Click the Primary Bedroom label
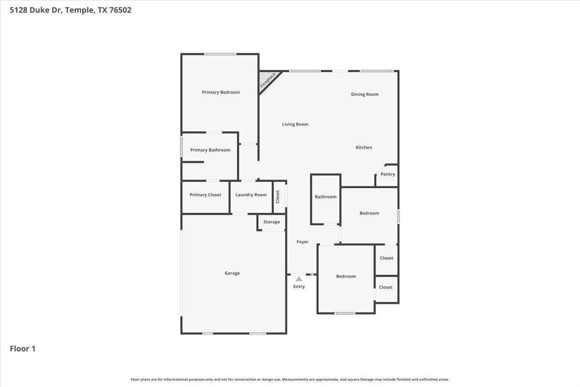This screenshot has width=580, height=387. tap(220, 92)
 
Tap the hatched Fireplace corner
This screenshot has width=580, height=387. tap(267, 79)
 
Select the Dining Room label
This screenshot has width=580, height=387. tap(364, 94)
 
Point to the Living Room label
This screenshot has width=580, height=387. tap(295, 124)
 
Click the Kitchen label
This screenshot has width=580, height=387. tap(363, 148)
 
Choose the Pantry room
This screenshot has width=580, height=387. tap(388, 175)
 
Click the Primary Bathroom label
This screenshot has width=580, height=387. tap(210, 150)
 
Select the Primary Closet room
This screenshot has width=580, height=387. tap(205, 195)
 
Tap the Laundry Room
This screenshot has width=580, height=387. tap(251, 195)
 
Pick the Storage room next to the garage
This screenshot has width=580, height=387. tap(272, 222)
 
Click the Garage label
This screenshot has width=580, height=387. tap(232, 273)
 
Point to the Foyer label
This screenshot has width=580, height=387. tap(302, 242)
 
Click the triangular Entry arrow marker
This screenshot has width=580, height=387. tap(299, 279)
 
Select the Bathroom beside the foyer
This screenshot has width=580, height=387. tap(325, 197)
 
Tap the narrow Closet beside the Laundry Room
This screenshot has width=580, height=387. tap(278, 196)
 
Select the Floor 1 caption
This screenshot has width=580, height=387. tap(23, 348)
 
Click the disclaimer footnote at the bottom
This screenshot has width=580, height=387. tap(290, 379)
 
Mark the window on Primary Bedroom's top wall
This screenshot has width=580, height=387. tap(220, 54)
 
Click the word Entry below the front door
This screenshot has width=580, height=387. tap(299, 287)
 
